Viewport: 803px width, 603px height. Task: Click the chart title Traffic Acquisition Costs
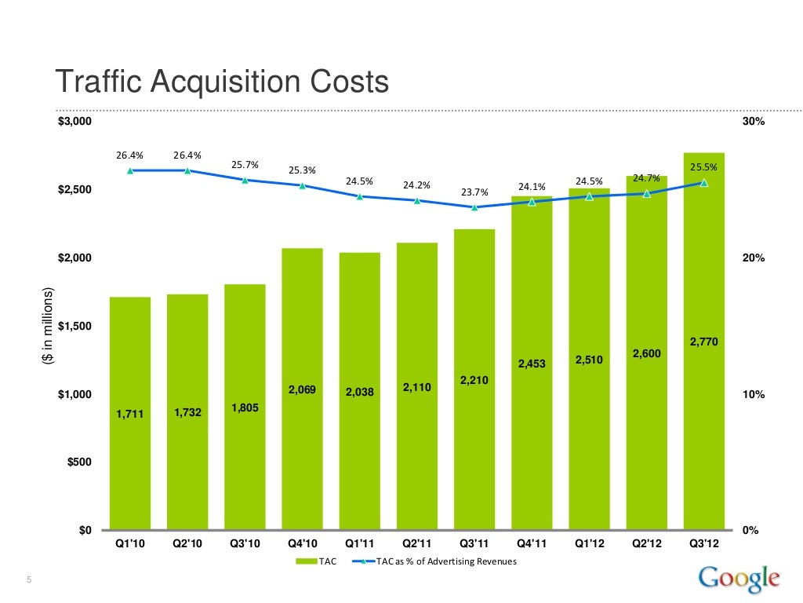coord(220,81)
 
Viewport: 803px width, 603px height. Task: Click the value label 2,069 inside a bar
coord(302,389)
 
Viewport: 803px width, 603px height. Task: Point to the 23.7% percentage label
coord(474,192)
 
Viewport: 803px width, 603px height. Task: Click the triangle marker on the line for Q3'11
coord(474,207)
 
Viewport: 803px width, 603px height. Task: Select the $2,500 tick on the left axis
coord(74,190)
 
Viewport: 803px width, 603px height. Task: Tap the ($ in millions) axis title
coord(48,326)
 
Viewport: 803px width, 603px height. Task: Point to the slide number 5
coord(28,580)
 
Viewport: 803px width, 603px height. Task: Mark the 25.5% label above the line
coord(703,167)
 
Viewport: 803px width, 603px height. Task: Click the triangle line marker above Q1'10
coord(129,170)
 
